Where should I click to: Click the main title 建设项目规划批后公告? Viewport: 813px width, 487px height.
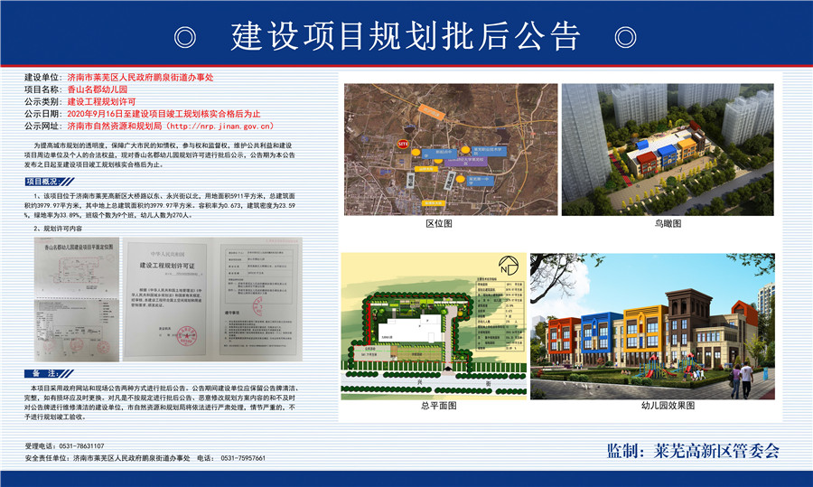pos(406,37)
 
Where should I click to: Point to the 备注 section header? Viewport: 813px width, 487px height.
pos(45,372)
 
